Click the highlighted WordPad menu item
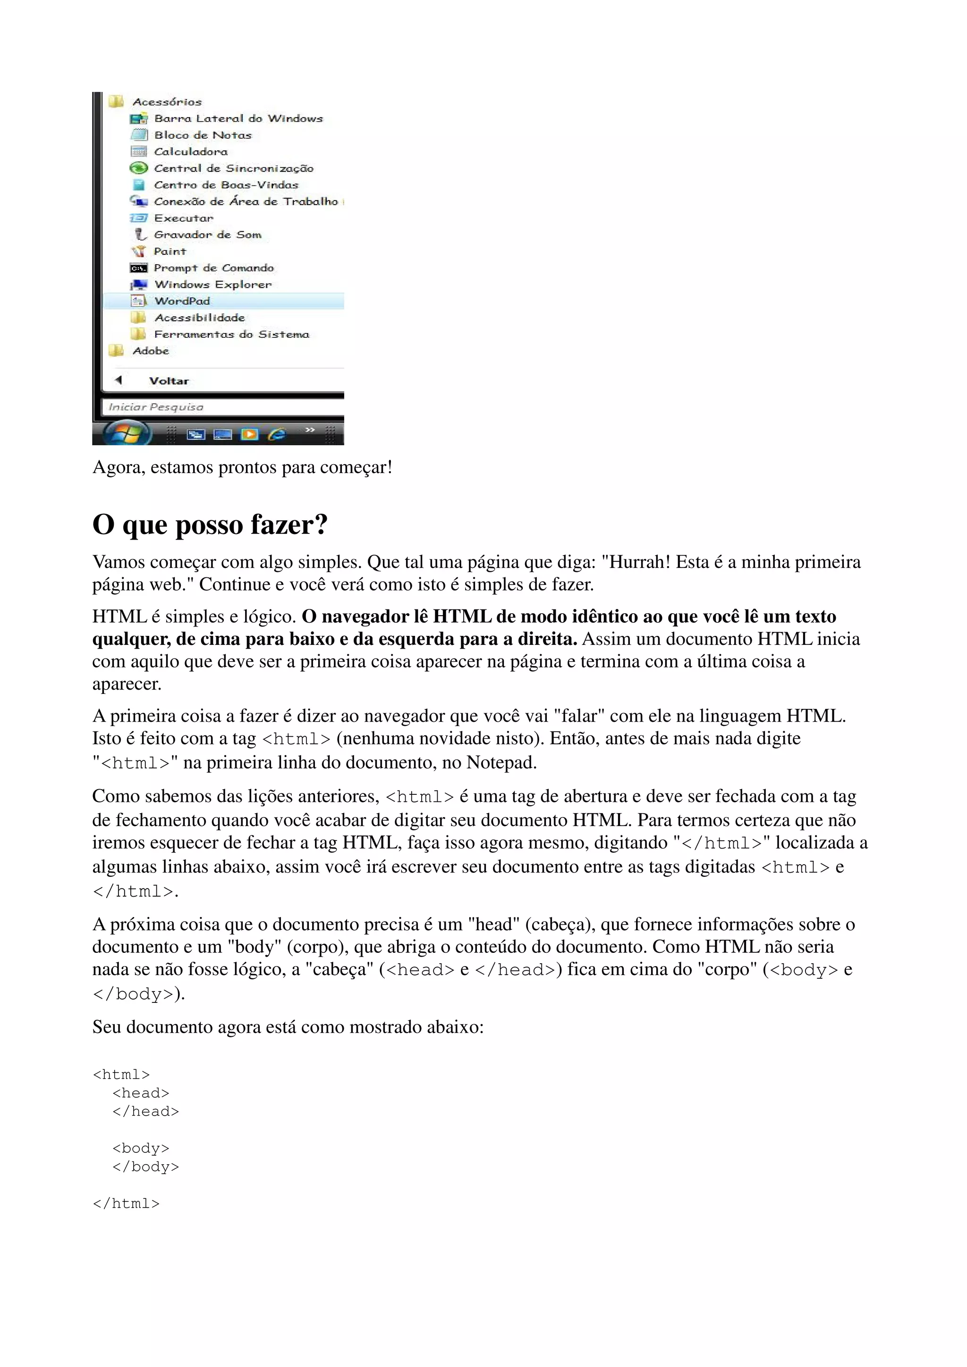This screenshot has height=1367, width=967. click(x=182, y=300)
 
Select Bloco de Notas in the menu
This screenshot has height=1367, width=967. click(x=203, y=135)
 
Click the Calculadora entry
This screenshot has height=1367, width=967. click(x=191, y=152)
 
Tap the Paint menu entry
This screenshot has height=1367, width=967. click(x=170, y=251)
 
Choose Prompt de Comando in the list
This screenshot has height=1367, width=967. click(x=213, y=268)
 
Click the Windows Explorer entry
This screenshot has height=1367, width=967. click(x=212, y=284)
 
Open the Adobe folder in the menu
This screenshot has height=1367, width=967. click(x=151, y=350)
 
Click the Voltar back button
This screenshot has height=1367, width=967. click(x=168, y=381)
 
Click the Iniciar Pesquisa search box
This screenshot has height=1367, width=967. click(x=221, y=407)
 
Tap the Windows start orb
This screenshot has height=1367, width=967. click(x=127, y=433)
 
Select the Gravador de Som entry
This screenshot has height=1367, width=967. click(x=207, y=234)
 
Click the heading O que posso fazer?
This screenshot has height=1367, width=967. click(x=210, y=525)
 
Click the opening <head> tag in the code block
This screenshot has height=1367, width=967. click(x=141, y=1093)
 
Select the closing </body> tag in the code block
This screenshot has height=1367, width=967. click(x=145, y=1167)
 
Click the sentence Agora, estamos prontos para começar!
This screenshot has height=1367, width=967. click(x=242, y=467)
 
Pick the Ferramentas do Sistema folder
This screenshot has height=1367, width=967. click(x=231, y=334)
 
